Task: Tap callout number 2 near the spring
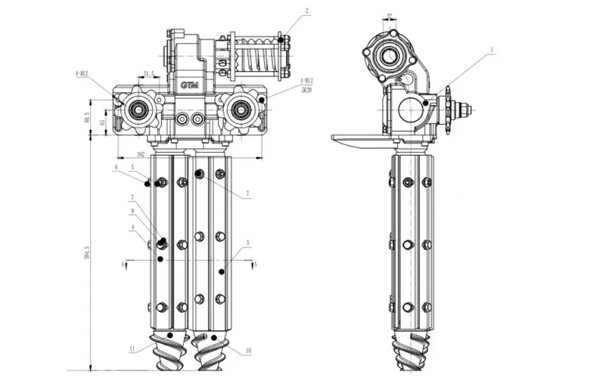click(x=307, y=11)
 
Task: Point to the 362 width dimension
click(x=140, y=153)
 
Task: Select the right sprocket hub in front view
click(x=242, y=110)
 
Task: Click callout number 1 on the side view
click(x=492, y=50)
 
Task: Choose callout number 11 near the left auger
click(x=131, y=349)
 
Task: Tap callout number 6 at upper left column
click(x=116, y=166)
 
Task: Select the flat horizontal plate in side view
click(x=359, y=138)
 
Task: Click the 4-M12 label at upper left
click(x=82, y=74)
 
